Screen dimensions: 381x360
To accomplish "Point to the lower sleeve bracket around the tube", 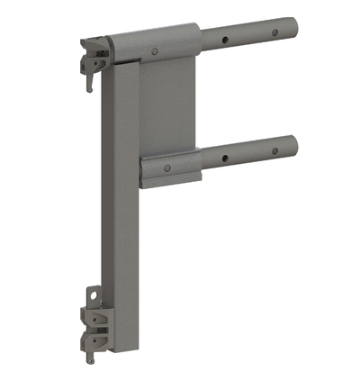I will click(x=171, y=167).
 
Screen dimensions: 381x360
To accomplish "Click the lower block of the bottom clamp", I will click(x=94, y=340).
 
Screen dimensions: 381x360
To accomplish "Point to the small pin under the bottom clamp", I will click(x=91, y=359).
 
